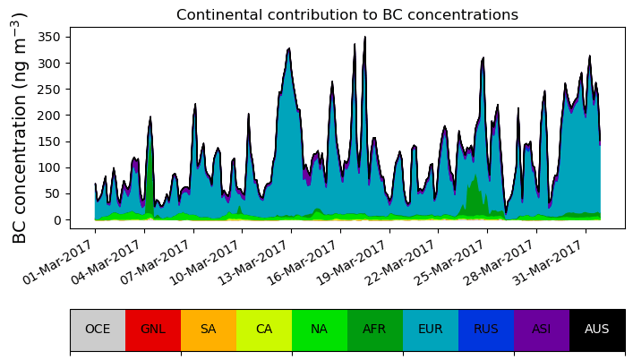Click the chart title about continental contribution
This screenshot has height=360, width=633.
coord(346,15)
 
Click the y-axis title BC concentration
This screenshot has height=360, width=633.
coord(20,127)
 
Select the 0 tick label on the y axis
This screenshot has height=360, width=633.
coord(59,220)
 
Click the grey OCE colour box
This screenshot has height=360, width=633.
coord(98,330)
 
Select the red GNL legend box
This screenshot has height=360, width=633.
coord(153,330)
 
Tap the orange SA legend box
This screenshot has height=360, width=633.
coord(209,330)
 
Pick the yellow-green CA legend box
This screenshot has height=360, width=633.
coord(264,330)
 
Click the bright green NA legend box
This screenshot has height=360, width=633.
coord(320,330)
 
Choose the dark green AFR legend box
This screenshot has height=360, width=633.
coord(375,330)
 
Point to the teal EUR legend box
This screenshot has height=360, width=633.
coord(431,330)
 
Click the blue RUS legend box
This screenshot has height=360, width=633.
coord(486,330)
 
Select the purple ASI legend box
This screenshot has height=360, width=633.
coord(542,330)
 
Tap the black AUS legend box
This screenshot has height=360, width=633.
coord(597,330)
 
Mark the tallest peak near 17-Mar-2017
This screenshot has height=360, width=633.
coord(364,38)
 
